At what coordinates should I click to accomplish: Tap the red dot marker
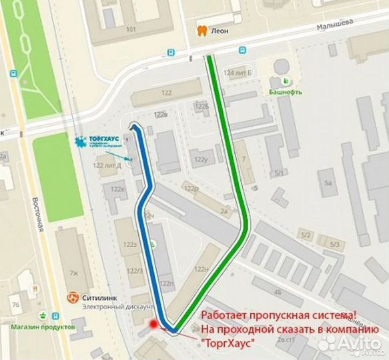154,325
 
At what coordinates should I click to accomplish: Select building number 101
131,29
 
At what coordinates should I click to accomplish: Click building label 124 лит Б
238,73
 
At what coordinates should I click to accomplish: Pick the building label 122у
200,160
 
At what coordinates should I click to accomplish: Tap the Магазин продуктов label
43,327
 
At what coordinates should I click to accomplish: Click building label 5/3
334,245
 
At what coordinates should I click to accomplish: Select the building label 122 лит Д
107,165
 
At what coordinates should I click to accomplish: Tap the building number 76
14,305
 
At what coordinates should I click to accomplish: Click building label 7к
73,273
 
